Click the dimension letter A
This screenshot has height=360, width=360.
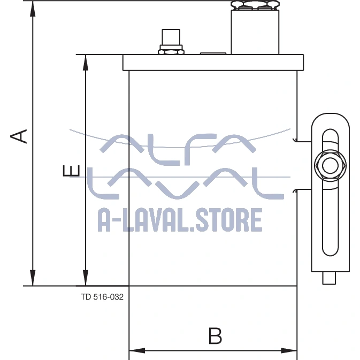(x=19, y=136)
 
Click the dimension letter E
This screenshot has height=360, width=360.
(x=71, y=171)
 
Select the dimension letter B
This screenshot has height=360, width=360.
(x=215, y=336)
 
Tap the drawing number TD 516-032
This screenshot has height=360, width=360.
(x=102, y=297)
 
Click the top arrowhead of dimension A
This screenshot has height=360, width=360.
(x=33, y=9)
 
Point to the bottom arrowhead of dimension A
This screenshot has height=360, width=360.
(x=33, y=278)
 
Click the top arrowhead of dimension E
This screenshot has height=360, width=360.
(x=86, y=63)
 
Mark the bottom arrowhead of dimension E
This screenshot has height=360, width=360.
(x=86, y=278)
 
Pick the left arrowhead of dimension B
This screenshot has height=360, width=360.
(x=137, y=350)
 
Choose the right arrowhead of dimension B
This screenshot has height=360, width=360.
(x=289, y=350)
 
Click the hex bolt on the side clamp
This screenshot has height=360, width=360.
(x=330, y=165)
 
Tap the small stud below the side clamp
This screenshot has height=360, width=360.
(x=329, y=278)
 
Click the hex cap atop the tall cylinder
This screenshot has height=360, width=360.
(x=255, y=5)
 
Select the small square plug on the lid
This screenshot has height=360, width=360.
(x=171, y=37)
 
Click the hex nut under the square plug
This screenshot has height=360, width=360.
(x=171, y=52)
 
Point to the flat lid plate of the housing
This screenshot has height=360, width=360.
(x=213, y=63)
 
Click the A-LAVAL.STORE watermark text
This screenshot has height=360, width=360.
(x=180, y=220)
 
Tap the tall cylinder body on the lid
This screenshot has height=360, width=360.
(x=255, y=32)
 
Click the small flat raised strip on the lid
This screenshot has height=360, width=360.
(x=213, y=53)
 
